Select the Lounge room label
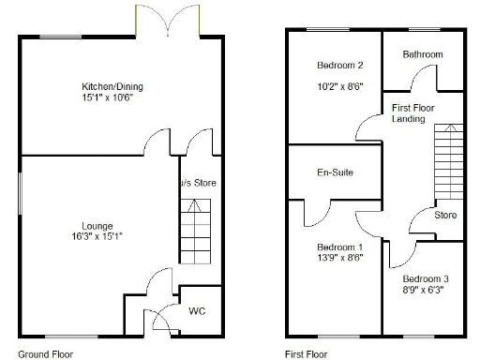click(97, 226)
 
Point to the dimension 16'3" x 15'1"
click(97, 236)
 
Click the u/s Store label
click(199, 183)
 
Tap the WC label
click(198, 310)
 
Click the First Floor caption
click(307, 354)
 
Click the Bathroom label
click(422, 54)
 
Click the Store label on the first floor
click(445, 216)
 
